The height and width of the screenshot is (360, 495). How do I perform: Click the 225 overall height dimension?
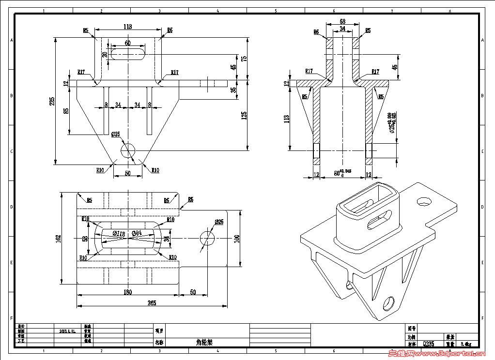point(52,101)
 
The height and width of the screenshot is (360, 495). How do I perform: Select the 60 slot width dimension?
point(127,43)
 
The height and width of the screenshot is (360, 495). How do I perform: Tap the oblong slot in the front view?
point(128,53)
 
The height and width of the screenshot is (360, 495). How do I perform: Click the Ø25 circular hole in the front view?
point(128,150)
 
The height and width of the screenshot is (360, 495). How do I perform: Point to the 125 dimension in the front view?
point(245,115)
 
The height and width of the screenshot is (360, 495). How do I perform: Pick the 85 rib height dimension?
point(66,110)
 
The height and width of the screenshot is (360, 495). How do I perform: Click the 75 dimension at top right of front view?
point(245,58)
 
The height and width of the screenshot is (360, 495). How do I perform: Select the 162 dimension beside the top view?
point(59,239)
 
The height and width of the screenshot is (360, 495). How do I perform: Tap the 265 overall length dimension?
point(152,303)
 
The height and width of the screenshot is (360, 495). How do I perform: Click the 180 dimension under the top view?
point(128,292)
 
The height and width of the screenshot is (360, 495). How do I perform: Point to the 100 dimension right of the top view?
point(237,238)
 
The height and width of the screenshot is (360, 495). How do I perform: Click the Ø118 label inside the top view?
point(119,233)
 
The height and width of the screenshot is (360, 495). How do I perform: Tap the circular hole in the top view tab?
point(207,238)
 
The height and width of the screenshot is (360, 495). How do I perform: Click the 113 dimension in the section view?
point(287,118)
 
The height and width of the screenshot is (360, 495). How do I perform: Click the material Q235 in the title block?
point(429,344)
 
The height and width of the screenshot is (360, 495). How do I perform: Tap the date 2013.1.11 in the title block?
point(67,331)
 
